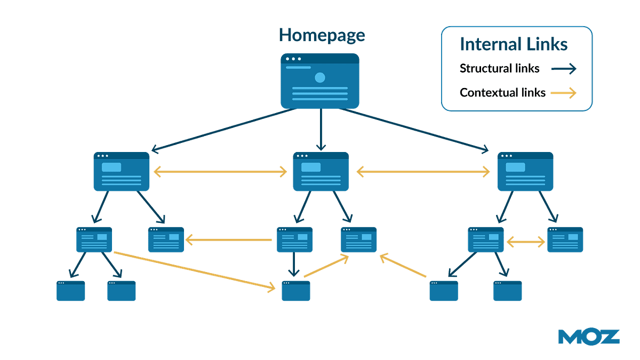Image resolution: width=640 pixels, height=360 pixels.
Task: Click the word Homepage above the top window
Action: [x=322, y=36]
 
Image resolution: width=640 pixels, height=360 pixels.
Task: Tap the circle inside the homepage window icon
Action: [x=319, y=78]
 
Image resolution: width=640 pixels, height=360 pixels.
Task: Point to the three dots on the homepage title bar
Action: [x=293, y=59]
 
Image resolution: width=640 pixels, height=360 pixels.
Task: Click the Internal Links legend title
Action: [x=513, y=45]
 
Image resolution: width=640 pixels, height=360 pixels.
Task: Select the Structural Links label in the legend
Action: [x=500, y=69]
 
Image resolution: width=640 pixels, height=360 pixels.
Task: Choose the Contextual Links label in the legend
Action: [x=502, y=93]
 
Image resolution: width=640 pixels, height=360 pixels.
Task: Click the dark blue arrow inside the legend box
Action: [x=564, y=69]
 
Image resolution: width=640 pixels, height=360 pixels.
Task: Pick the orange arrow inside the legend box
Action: [x=564, y=93]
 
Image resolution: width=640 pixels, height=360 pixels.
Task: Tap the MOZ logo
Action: [x=589, y=337]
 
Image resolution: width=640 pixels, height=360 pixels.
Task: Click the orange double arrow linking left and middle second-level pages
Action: [x=221, y=172]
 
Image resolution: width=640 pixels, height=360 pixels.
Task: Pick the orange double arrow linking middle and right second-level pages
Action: [x=423, y=172]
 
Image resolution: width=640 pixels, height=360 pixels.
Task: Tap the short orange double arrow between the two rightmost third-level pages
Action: [x=525, y=242]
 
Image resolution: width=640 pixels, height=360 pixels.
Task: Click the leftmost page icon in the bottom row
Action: [x=71, y=291]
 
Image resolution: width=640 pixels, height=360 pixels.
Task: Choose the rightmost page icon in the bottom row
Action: [x=508, y=291]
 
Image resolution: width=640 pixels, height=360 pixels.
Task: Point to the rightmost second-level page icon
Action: [x=525, y=172]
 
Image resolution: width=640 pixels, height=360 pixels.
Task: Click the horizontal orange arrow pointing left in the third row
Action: [x=229, y=240]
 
